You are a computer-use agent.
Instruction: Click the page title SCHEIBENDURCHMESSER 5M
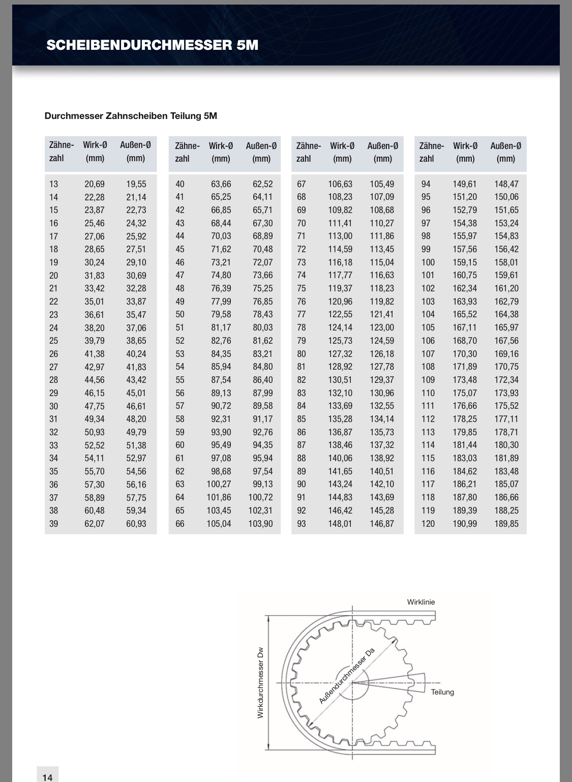coord(152,45)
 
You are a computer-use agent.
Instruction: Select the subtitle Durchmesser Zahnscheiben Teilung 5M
coord(131,116)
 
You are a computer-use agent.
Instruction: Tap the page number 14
coord(47,777)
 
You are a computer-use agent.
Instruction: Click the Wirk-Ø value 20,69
coord(95,184)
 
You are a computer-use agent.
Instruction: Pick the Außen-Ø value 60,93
coord(136,524)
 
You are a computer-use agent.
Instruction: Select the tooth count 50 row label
coord(180,315)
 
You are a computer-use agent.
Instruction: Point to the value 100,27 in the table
coord(219,485)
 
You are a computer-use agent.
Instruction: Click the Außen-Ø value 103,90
coord(260,524)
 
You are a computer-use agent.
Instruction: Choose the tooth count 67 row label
coord(302,184)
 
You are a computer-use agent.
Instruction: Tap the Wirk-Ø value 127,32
coord(340,354)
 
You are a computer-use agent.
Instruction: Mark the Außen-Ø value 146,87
coord(382,524)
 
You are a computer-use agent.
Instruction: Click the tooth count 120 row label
coord(428,524)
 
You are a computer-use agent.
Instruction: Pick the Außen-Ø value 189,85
coord(506,524)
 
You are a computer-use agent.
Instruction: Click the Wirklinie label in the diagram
coord(421,602)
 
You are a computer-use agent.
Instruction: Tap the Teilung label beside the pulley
coord(442,692)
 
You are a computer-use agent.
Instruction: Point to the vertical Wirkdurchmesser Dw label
coord(260,682)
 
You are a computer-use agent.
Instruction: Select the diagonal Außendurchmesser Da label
coord(347,676)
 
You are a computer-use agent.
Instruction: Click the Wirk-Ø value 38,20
coord(95,328)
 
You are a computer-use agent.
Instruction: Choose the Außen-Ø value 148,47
coord(506,184)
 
